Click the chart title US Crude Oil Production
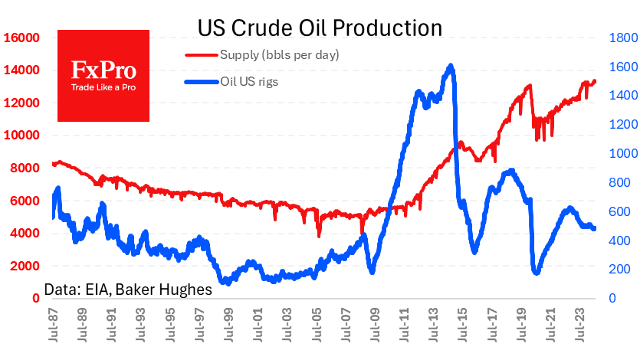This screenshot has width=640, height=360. (320, 28)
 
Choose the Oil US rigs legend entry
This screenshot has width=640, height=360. (248, 82)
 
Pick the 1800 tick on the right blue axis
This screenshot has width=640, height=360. (619, 38)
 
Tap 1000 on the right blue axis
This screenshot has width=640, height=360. (619, 153)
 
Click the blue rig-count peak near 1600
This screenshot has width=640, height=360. (451, 67)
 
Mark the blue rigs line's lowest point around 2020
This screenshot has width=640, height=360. (536, 272)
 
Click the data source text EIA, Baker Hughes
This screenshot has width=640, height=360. (128, 290)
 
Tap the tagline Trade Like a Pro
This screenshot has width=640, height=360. (104, 87)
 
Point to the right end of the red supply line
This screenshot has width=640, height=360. (595, 81)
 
